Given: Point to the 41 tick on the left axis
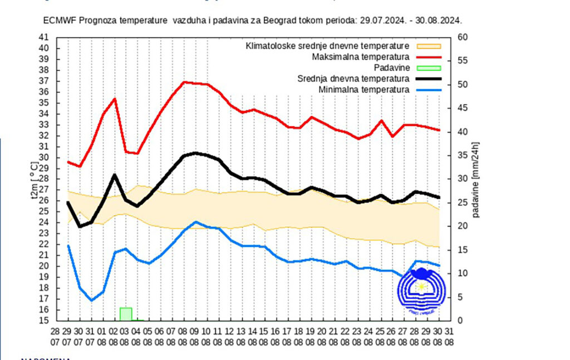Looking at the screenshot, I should click(x=44, y=37).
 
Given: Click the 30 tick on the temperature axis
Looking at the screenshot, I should click(x=44, y=157).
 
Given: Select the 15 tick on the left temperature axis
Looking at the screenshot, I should click(x=44, y=321).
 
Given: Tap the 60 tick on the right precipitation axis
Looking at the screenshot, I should click(x=461, y=37).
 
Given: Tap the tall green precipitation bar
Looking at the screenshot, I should click(x=126, y=314).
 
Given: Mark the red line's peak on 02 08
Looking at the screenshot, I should click(x=114, y=99).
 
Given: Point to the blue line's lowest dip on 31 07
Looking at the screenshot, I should click(x=91, y=300).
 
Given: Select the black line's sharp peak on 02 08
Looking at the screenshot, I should click(x=114, y=175).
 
